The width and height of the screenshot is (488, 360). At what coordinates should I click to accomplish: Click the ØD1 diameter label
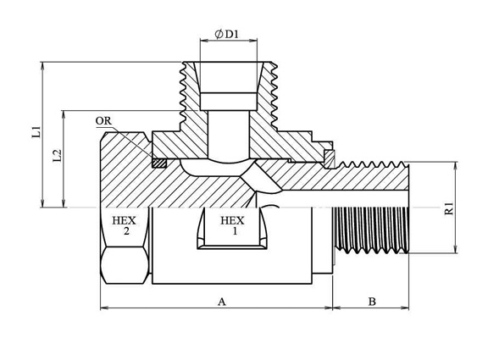pyautogui.click(x=226, y=34)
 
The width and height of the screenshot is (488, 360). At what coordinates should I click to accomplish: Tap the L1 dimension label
pyautogui.click(x=36, y=132)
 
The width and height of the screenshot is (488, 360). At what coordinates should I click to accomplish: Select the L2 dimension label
pyautogui.click(x=57, y=156)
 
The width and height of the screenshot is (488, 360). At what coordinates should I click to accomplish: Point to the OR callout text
pyautogui.click(x=103, y=121)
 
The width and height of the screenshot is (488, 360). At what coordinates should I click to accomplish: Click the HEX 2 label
pyautogui.click(x=125, y=226)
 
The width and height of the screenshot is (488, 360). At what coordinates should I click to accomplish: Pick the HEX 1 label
pyautogui.click(x=232, y=226)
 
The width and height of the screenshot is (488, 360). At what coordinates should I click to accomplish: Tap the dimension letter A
pyautogui.click(x=222, y=302)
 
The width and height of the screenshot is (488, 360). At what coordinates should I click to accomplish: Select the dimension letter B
pyautogui.click(x=372, y=302)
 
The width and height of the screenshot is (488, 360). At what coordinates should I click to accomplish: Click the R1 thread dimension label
pyautogui.click(x=449, y=208)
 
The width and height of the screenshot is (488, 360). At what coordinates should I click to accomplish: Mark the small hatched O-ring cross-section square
pyautogui.click(x=159, y=163)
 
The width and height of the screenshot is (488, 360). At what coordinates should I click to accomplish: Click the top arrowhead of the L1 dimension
pyautogui.click(x=42, y=65)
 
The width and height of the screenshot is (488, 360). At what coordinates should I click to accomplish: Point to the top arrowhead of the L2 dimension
pyautogui.click(x=64, y=114)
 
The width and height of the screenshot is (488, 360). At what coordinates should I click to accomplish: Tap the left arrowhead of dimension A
pyautogui.click(x=104, y=308)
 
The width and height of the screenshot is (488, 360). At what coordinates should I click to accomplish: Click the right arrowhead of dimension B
pyautogui.click(x=405, y=308)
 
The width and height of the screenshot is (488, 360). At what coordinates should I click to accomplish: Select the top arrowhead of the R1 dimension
pyautogui.click(x=456, y=166)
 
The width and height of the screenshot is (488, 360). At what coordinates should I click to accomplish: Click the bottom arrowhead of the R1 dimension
pyautogui.click(x=456, y=249)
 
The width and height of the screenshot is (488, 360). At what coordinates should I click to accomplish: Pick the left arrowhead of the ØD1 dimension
pyautogui.click(x=204, y=40)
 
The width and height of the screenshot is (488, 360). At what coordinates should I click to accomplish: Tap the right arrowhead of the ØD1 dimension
pyautogui.click(x=253, y=40)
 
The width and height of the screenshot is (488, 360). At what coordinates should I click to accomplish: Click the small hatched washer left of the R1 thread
pyautogui.click(x=330, y=159)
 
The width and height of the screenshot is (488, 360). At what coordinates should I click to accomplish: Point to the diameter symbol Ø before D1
pyautogui.click(x=219, y=34)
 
